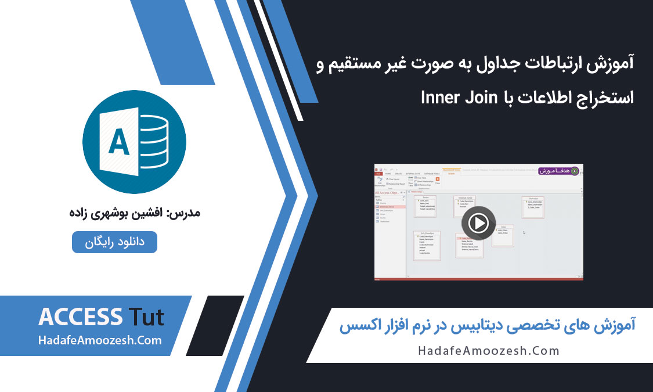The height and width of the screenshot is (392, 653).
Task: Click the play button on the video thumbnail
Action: tap(478, 223)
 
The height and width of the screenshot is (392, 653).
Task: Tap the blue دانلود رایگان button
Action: tap(114, 242)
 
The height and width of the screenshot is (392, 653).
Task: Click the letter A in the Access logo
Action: tap(119, 142)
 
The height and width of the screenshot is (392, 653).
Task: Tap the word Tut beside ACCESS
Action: tap(145, 318)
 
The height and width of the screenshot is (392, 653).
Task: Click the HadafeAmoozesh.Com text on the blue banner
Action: tap(100, 340)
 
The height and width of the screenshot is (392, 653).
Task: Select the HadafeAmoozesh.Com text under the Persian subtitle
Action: tap(489, 350)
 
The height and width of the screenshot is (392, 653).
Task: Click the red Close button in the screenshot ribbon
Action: tap(437, 181)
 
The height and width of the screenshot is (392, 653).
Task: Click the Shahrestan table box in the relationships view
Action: tap(533, 207)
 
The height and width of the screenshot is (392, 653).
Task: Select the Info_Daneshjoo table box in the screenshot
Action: tap(427, 245)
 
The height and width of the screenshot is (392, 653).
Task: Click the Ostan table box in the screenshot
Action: tap(503, 235)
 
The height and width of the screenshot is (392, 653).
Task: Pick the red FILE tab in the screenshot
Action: tap(378, 174)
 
